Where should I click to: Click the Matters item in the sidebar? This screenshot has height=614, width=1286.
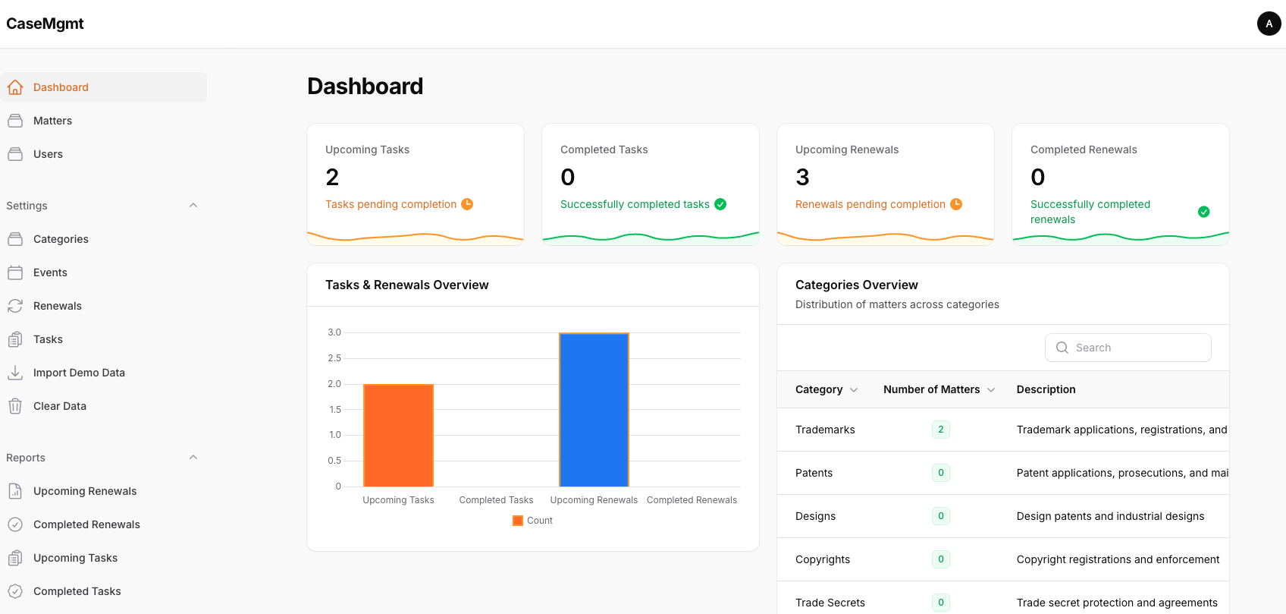coord(52,121)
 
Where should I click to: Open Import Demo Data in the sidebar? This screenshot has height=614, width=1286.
coord(79,373)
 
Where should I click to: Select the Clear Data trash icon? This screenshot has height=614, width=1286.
coord(15,406)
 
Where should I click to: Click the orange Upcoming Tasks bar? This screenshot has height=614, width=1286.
coord(398,436)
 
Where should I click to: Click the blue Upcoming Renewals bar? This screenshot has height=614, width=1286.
coord(594,410)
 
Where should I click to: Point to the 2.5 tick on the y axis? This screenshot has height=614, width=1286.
coord(334,358)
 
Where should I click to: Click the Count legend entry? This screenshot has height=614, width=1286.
coord(532,521)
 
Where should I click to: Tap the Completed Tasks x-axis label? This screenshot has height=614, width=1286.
coord(496,500)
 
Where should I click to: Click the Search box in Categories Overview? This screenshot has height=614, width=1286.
coord(1128,348)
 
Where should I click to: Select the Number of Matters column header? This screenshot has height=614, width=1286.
coord(931,389)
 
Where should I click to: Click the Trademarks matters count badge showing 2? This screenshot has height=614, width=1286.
coord(940,430)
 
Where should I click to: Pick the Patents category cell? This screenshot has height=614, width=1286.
coord(814,473)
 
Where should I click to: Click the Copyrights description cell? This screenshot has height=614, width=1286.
coord(1118,559)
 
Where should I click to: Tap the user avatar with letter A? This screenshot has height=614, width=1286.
coord(1269,24)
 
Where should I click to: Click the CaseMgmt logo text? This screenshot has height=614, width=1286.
coord(45,24)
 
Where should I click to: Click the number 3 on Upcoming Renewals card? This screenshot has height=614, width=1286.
coord(802,178)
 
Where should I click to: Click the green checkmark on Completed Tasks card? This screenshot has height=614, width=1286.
coord(720,204)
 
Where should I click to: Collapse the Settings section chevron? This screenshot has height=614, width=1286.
coord(193,206)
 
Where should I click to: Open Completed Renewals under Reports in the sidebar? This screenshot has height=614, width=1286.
coord(86,524)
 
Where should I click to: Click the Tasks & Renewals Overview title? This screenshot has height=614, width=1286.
coord(406,285)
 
